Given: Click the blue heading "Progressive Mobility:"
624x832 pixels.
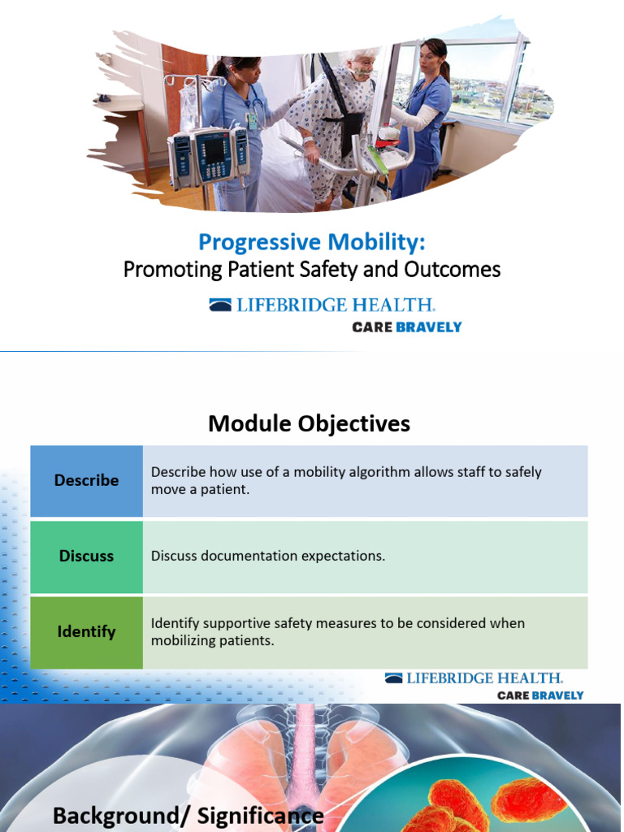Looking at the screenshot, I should pyautogui.click(x=312, y=242).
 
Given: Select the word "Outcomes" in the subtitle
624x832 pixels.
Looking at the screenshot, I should pyautogui.click(x=461, y=270).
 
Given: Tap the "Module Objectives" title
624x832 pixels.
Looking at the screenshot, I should pyautogui.click(x=309, y=423).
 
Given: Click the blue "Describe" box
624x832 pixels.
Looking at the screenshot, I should pyautogui.click(x=86, y=480).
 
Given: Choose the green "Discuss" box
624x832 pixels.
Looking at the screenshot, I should pyautogui.click(x=86, y=557).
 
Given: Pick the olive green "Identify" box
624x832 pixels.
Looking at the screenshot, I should pyautogui.click(x=86, y=632).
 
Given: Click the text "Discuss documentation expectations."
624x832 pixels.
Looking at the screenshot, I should pyautogui.click(x=268, y=557).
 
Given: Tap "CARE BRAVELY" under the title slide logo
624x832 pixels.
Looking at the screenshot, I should pyautogui.click(x=406, y=327).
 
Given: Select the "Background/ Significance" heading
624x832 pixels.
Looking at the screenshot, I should pyautogui.click(x=188, y=815).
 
